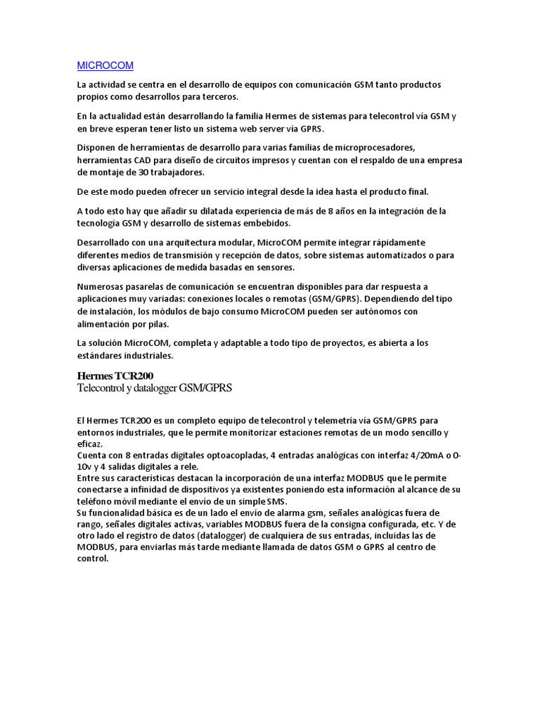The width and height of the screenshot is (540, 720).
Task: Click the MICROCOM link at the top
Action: coord(104,65)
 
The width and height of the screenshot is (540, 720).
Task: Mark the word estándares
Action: coord(102,356)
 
